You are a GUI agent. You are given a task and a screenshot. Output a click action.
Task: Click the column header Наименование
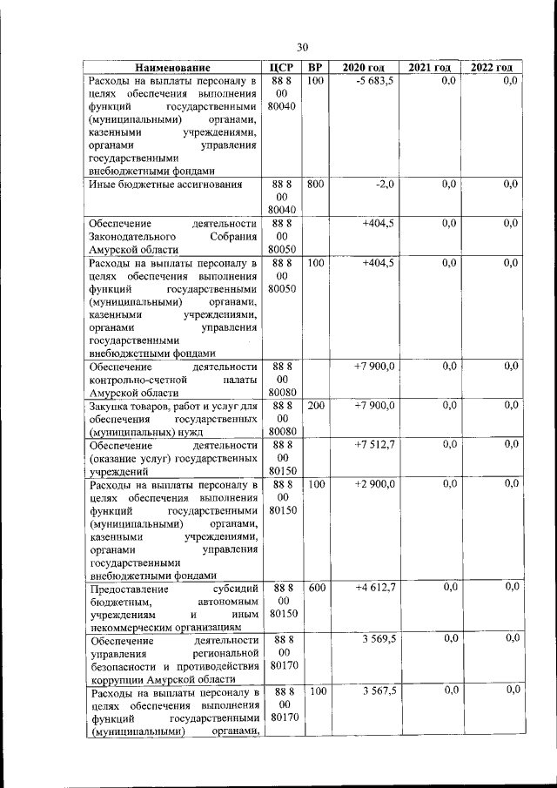pos(172,68)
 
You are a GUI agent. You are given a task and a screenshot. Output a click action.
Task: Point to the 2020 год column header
pos(363,68)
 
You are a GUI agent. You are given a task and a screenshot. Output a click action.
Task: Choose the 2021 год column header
pos(429,68)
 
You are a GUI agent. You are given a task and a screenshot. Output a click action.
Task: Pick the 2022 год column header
pos(491,68)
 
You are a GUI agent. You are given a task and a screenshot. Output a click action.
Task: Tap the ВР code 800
pos(316,184)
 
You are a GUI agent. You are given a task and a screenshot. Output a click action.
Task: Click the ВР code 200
pos(316,406)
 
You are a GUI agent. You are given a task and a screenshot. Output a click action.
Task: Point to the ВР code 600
pos(316,588)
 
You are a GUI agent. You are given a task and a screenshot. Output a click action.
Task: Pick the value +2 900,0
pos(375,483)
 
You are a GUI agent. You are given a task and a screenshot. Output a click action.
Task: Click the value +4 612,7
pos(375,588)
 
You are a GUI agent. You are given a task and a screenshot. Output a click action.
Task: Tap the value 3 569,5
pos(377,639)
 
